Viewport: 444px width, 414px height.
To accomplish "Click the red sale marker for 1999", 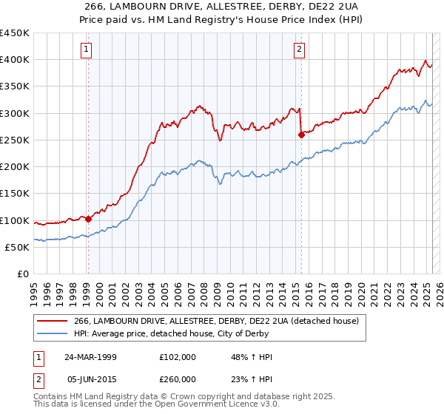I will [88, 219].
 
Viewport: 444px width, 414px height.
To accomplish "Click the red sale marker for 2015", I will [301, 135].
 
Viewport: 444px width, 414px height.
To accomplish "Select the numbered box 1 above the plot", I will [87, 50].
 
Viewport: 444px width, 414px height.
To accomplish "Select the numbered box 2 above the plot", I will [300, 50].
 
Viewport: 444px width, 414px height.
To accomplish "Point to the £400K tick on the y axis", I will [15, 60].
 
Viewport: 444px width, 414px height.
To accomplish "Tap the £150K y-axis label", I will [15, 194].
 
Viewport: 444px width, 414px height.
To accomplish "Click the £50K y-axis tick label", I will [18, 248].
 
